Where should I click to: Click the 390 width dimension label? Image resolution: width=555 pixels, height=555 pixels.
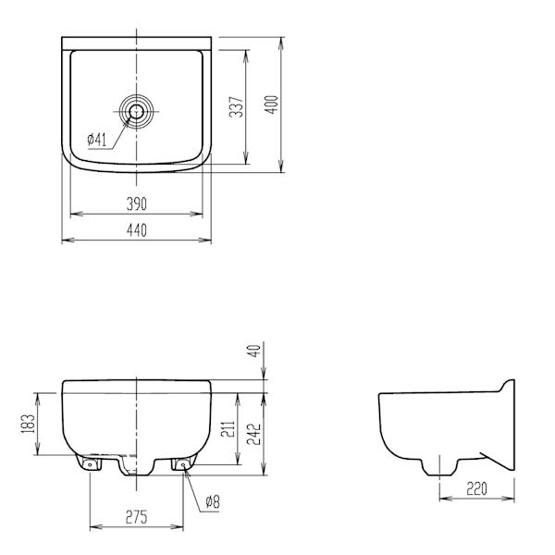(136, 203)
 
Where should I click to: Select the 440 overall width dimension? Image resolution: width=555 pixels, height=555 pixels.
(136, 230)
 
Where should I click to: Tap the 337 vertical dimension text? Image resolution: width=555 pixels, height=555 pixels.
(237, 108)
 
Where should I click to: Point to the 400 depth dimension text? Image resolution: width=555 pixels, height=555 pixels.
(271, 104)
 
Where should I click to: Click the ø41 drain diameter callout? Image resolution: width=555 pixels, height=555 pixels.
(99, 140)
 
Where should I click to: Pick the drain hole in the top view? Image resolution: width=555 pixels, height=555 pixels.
(137, 111)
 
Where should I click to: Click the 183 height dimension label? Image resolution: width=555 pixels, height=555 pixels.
(28, 423)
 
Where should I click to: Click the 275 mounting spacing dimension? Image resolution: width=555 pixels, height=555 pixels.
(136, 518)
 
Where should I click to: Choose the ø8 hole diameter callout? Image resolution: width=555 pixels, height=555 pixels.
(211, 502)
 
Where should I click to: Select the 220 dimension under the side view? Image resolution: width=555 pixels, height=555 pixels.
(475, 487)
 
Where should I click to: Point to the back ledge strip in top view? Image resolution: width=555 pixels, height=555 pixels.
(136, 43)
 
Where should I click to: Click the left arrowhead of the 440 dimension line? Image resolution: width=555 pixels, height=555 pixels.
(66, 240)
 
